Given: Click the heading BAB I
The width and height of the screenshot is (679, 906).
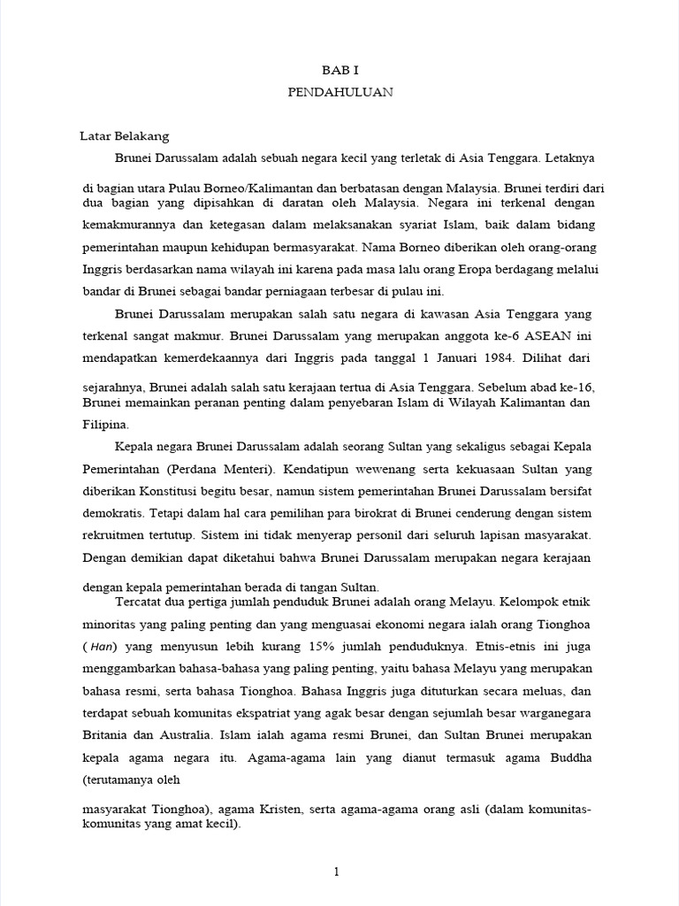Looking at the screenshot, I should [339, 68].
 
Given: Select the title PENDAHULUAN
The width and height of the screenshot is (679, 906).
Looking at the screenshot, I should [339, 91].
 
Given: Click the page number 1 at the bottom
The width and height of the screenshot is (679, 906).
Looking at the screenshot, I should [336, 872].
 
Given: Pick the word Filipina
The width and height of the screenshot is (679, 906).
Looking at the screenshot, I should [104, 423].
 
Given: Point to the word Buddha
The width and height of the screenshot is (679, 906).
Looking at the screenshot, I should [569, 757].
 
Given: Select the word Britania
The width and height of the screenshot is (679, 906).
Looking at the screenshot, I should [108, 734].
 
